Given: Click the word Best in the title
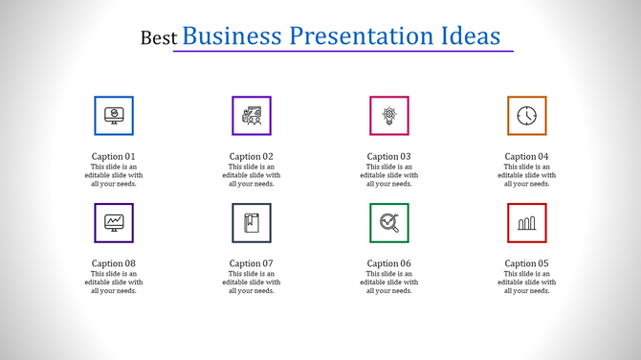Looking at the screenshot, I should [x=158, y=38].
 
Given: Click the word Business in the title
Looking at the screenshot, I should [x=232, y=36].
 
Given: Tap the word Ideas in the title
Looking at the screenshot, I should [x=466, y=36].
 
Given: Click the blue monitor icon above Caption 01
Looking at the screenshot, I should [x=114, y=116].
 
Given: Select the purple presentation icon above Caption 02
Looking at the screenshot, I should [x=252, y=116].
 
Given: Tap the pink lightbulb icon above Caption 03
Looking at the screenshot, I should [x=389, y=116].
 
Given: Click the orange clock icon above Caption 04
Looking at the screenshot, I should [x=527, y=116].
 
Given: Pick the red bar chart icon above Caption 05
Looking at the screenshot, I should [x=527, y=223].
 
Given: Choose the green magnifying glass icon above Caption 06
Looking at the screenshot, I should [x=389, y=223].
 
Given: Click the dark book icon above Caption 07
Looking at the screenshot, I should [x=252, y=223].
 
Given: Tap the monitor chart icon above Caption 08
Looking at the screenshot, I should [x=114, y=223].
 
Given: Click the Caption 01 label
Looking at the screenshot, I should [x=114, y=156].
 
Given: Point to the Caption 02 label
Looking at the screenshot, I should [x=252, y=156].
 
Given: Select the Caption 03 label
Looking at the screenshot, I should [x=389, y=156].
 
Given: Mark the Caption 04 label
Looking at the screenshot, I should [x=527, y=156].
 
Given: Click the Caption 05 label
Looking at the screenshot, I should [x=527, y=263].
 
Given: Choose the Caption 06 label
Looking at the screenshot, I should [x=389, y=263].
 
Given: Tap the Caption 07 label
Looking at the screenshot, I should [x=252, y=263].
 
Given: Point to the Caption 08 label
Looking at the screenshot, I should [x=114, y=263].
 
